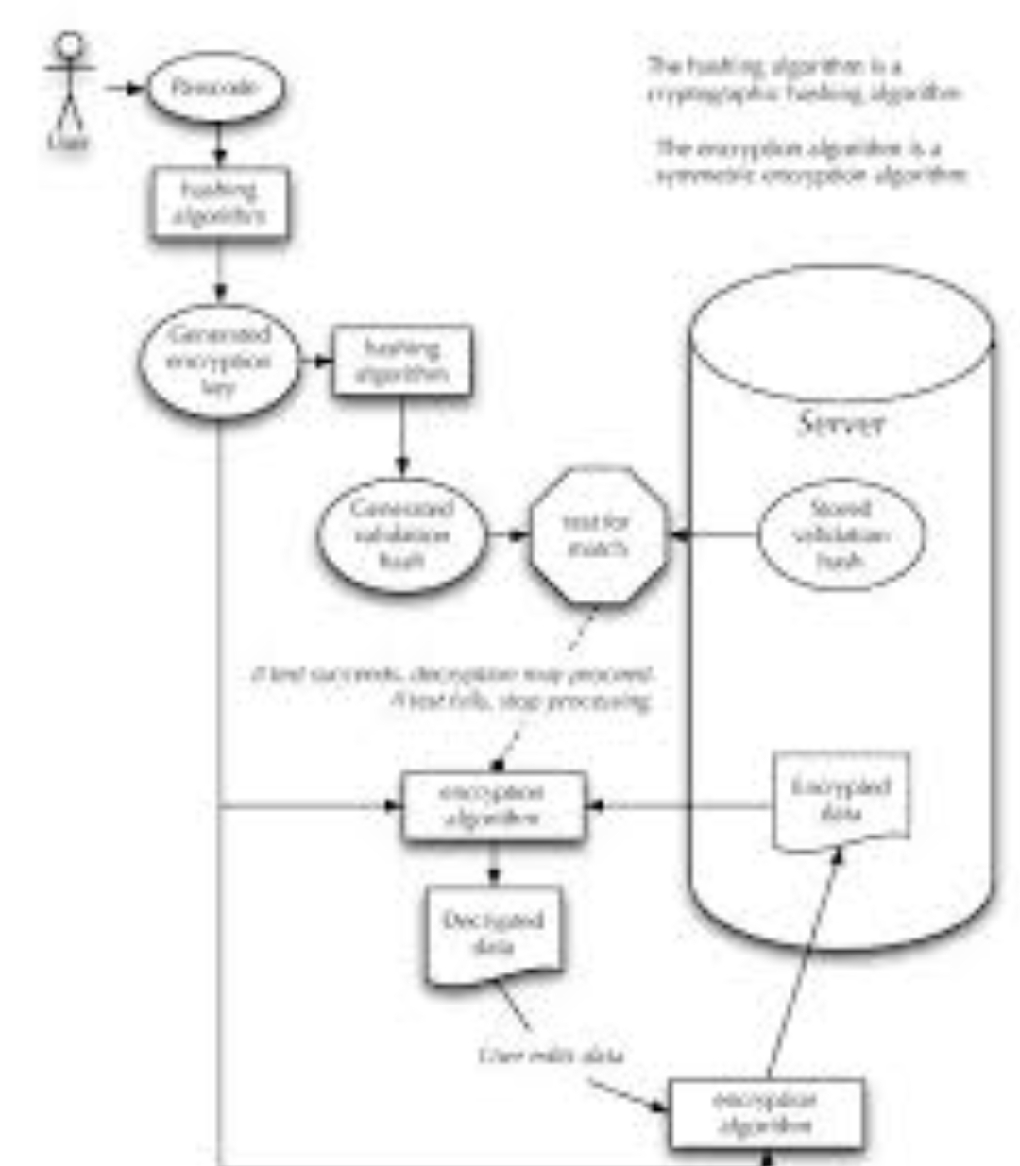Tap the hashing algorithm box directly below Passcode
(x=219, y=203)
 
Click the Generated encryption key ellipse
(x=219, y=361)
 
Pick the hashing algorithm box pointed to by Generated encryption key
(x=401, y=361)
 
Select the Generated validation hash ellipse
(x=401, y=534)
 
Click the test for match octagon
(x=597, y=534)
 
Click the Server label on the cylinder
(x=841, y=422)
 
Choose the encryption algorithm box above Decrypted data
(x=493, y=805)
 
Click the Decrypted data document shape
(x=493, y=935)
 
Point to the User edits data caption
(x=552, y=1055)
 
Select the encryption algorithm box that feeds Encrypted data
(x=766, y=1113)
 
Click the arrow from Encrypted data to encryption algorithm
(x=680, y=806)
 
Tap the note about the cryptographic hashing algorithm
(x=803, y=79)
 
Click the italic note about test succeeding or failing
(x=453, y=688)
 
